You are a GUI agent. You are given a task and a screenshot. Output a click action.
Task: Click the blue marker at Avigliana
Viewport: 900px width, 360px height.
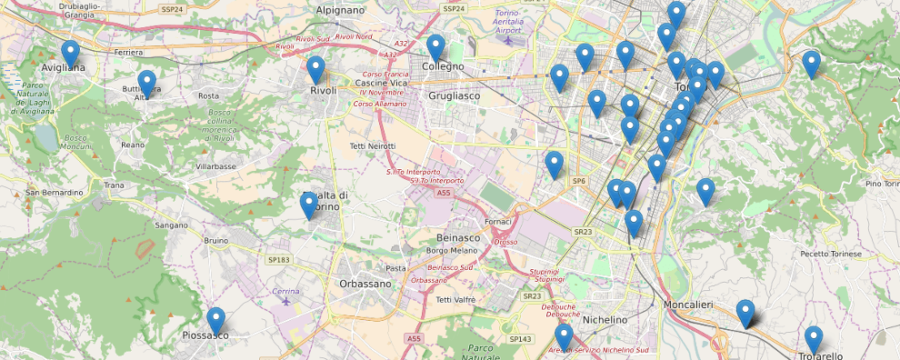point(70,54)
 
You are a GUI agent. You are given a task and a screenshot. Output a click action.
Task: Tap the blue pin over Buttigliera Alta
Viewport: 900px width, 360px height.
point(146,83)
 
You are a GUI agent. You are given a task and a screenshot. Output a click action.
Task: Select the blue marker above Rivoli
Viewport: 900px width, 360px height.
point(315,69)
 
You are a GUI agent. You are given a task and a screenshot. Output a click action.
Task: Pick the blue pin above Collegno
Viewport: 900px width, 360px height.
point(435,47)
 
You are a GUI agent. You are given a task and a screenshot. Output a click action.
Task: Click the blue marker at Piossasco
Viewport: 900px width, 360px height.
point(215,321)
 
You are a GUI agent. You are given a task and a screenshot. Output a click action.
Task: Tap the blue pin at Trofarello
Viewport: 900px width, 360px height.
point(814,340)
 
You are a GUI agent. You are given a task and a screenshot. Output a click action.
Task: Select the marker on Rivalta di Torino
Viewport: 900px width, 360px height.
point(309,205)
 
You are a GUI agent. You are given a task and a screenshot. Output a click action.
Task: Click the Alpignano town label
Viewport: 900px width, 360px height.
point(339,10)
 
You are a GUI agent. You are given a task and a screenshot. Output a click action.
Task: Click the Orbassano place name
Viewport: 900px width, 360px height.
point(365,283)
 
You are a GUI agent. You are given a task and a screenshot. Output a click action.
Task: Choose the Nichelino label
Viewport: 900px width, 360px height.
point(605,320)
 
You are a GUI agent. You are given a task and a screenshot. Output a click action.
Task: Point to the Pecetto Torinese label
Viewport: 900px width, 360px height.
point(829,255)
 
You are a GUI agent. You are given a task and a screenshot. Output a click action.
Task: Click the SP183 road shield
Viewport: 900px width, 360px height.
point(278,260)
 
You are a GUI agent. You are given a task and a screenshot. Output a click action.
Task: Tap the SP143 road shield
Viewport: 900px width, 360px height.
point(521,339)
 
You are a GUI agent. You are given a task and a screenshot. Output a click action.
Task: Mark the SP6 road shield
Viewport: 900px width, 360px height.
point(579,182)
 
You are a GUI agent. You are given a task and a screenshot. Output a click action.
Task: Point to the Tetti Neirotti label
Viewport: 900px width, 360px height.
point(373,146)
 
